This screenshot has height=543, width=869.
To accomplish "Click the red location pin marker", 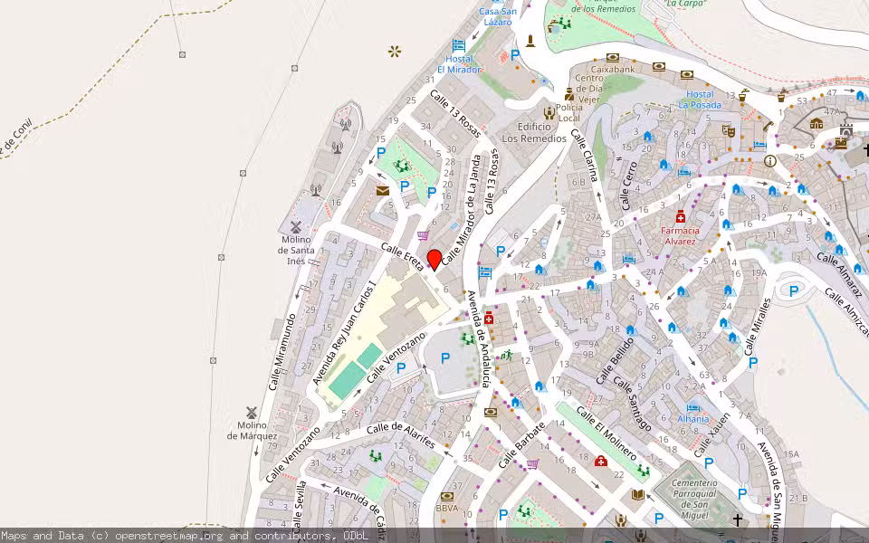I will pyautogui.click(x=434, y=259).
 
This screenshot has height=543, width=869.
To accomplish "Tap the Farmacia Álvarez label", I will pyautogui.click(x=679, y=235).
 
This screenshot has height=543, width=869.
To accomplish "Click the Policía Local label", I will pyautogui.click(x=568, y=113).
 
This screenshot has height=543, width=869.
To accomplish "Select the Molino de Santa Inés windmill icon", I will pyautogui.click(x=295, y=226).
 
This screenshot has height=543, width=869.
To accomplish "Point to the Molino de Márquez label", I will pyautogui.click(x=252, y=431).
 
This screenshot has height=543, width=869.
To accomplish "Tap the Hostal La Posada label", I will pyautogui.click(x=700, y=99).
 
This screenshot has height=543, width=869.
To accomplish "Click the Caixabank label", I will pyautogui.click(x=613, y=68).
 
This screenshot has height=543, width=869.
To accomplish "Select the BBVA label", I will pyautogui.click(x=446, y=509).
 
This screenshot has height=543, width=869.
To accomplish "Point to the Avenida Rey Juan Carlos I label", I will pyautogui.click(x=344, y=332).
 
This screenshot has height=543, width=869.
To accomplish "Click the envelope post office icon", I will pyautogui.click(x=383, y=190).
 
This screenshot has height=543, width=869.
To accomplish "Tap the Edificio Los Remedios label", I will pyautogui.click(x=534, y=133).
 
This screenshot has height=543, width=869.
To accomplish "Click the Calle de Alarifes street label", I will pyautogui.click(x=401, y=434).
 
